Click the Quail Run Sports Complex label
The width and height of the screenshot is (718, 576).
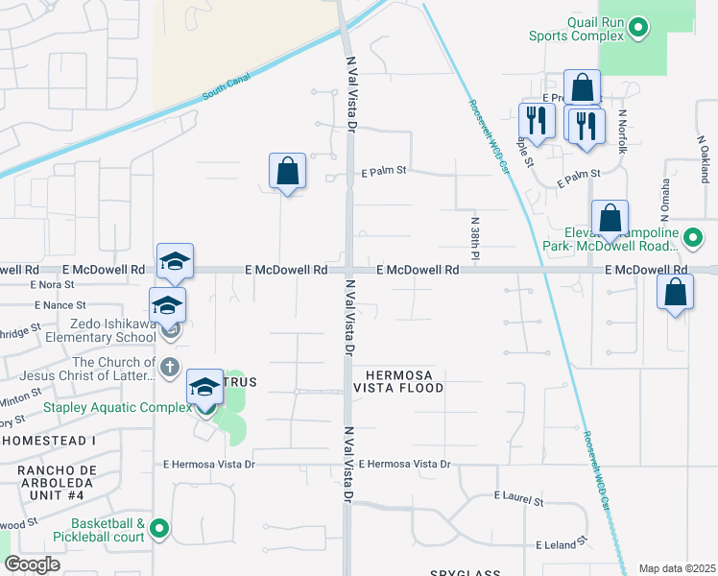point(576,29)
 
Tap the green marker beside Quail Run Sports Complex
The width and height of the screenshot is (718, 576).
point(639,29)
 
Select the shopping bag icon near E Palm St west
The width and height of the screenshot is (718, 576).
point(287,172)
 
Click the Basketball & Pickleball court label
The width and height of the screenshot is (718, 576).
point(93,530)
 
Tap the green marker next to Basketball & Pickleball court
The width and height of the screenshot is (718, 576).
point(160,528)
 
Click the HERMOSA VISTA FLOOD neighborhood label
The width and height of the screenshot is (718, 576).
point(398,380)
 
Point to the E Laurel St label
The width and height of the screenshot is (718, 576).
point(518,497)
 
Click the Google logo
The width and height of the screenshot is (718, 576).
point(32,565)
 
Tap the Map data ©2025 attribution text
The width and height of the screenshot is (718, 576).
point(677,568)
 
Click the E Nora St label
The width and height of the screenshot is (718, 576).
point(52,285)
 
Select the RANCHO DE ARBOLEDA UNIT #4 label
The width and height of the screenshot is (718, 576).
point(50,477)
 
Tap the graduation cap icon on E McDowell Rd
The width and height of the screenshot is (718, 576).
point(175,261)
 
